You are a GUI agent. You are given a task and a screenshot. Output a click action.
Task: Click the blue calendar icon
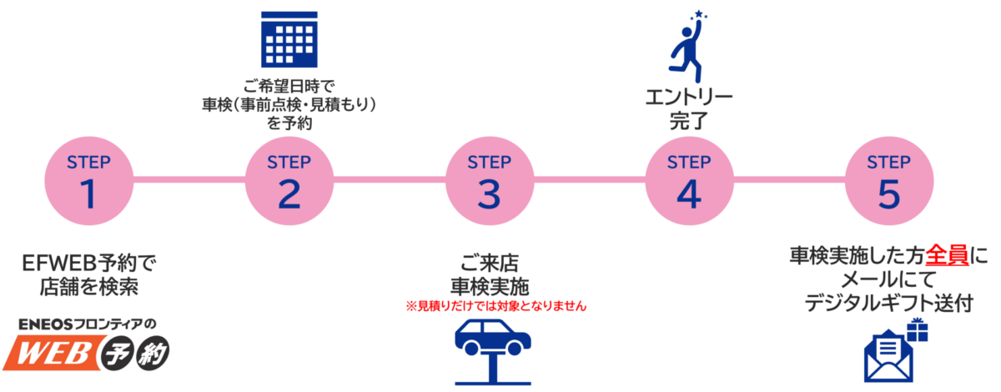click(289, 38)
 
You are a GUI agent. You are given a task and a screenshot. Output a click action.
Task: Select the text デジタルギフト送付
click(889, 304)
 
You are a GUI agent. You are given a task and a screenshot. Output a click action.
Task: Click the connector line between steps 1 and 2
click(189, 179)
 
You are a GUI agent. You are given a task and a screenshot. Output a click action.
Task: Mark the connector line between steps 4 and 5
click(789, 179)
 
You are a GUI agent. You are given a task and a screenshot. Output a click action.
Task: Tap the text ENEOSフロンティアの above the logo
click(88, 324)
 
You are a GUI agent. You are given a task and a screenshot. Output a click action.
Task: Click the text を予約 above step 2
click(289, 123)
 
